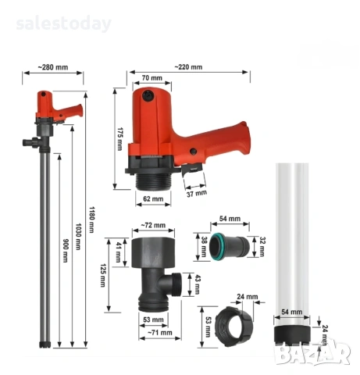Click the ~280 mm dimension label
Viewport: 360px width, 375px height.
[53, 67]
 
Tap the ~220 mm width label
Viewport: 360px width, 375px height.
[188, 67]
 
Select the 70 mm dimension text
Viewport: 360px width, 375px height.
[152, 78]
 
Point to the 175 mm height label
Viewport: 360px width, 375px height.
[119, 139]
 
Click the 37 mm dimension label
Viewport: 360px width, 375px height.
[197, 193]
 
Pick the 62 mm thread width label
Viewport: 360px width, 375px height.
[153, 198]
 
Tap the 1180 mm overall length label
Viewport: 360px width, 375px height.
[91, 220]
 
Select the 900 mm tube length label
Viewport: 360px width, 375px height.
[66, 250]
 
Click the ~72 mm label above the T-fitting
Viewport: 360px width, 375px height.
[153, 225]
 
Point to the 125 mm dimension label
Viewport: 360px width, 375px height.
[103, 275]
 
